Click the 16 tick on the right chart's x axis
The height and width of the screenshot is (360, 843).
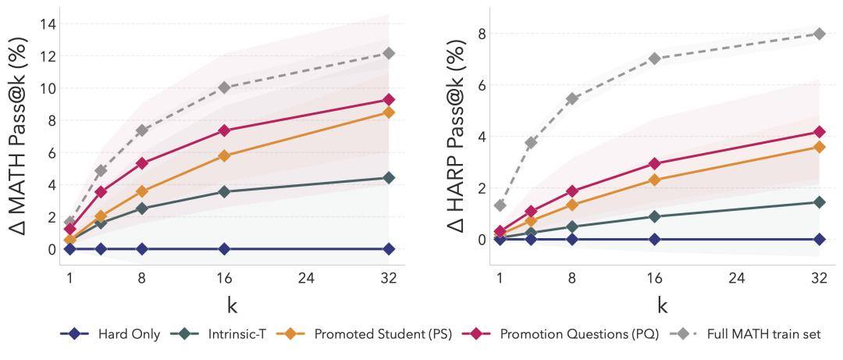click(654, 276)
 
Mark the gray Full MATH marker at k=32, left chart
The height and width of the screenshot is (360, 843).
click(389, 53)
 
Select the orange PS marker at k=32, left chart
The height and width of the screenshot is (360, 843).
click(389, 112)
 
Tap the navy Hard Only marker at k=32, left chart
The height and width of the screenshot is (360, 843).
click(389, 248)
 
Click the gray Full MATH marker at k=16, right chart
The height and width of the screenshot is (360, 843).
click(654, 59)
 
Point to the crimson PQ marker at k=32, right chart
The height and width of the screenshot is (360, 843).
click(819, 132)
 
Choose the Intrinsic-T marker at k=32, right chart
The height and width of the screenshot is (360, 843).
click(819, 202)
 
